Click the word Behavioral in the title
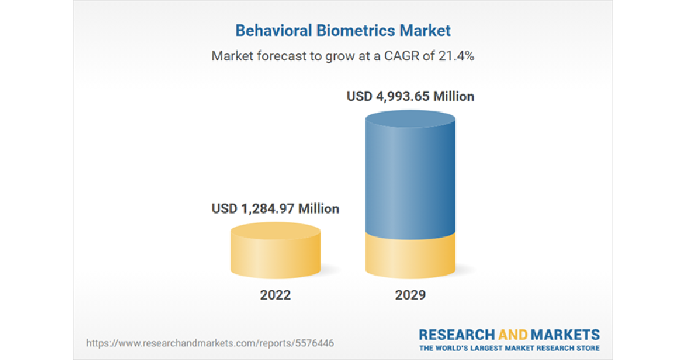point(274,31)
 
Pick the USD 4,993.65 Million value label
point(410,96)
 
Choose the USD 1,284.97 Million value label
point(275,209)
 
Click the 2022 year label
point(275,295)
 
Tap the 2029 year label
point(410,295)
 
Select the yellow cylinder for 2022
point(276,250)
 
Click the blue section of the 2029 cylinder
point(410,175)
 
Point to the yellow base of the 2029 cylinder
point(410,258)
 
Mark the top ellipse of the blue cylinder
point(410,119)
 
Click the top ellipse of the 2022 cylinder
point(276,231)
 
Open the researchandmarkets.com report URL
point(210,343)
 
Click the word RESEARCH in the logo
point(457,335)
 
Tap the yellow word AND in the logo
point(513,335)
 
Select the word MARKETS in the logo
point(565,335)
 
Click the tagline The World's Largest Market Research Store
point(509,348)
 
